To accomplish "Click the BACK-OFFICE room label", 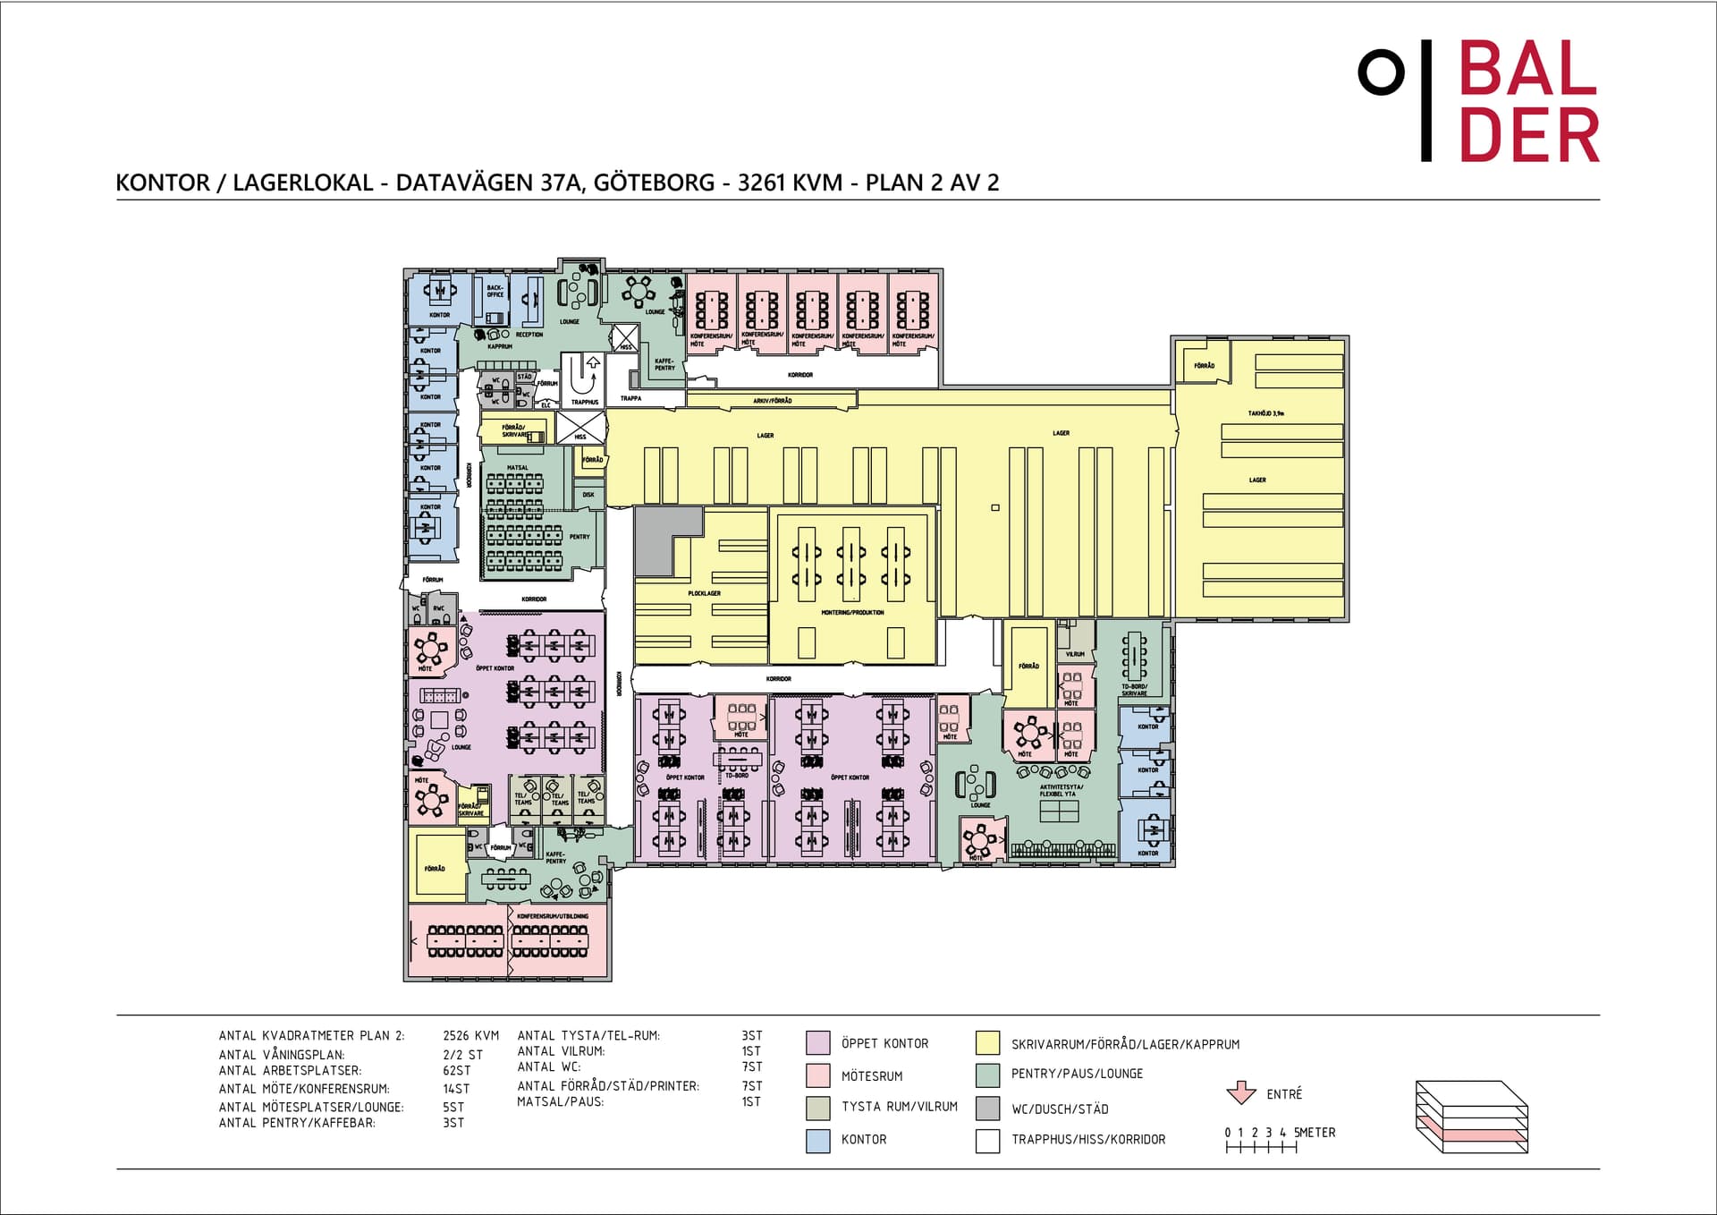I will coord(495,291).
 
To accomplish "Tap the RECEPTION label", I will coord(529,335).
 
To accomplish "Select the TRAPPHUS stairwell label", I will coord(585,402).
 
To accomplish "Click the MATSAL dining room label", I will coord(518,468).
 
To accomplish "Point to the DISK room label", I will coord(588,494).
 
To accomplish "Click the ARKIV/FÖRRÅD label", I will coord(773,401).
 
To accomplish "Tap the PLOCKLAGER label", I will coord(704,593).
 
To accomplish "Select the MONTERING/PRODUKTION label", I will coord(852,613).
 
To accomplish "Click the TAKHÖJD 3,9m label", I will coord(1265,414).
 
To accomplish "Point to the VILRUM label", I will coord(1075,654).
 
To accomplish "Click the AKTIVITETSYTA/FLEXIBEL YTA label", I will coord(1061,790).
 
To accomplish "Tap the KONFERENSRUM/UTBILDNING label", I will coord(553,916).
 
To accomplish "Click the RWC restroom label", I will coord(438,608).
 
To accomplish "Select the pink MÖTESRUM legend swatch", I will coord(817,1075).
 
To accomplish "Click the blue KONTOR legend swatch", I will coord(817,1140).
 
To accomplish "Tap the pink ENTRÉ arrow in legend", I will coord(1240,1092).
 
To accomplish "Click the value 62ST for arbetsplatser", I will coord(456,1070).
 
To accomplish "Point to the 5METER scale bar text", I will coord(1314,1132).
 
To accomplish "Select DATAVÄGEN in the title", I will coord(464,183).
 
